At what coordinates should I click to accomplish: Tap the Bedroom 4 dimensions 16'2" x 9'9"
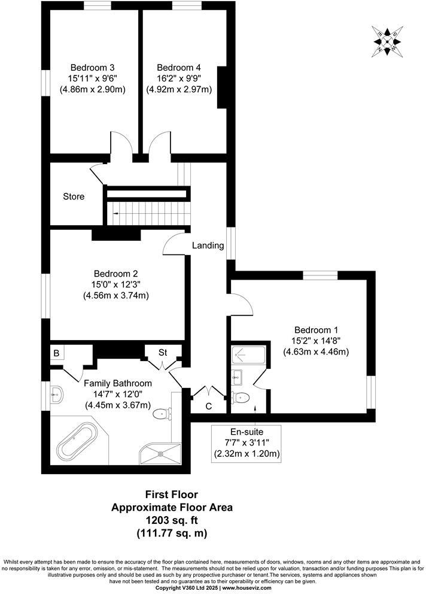click(x=179, y=78)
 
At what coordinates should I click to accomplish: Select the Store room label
click(x=74, y=196)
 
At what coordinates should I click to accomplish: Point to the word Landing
click(x=208, y=245)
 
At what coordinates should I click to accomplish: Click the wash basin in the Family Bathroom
click(x=57, y=394)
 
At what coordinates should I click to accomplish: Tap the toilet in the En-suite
click(x=241, y=396)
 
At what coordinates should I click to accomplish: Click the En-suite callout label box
click(x=247, y=443)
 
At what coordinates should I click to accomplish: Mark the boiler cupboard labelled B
click(x=56, y=353)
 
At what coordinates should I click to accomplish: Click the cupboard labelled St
click(x=162, y=352)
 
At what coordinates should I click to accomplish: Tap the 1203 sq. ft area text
click(x=172, y=520)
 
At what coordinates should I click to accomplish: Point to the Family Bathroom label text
click(x=117, y=383)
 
